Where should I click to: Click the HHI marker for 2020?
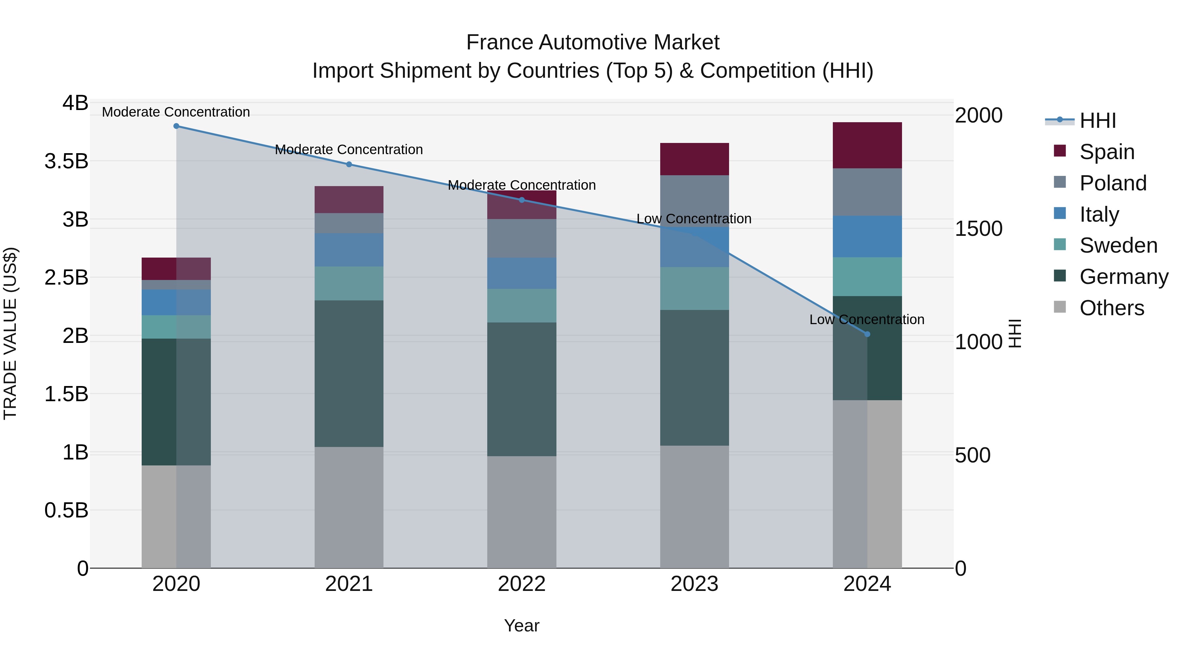coord(176,126)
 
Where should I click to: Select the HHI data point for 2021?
coord(349,164)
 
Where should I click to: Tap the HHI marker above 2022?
coord(522,200)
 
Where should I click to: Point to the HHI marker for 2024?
coord(867,334)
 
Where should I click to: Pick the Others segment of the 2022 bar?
coord(522,512)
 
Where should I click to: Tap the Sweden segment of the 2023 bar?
coord(694,288)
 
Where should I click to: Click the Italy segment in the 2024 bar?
coord(867,236)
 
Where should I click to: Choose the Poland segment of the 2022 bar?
coord(522,238)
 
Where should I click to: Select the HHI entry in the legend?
coord(1098,121)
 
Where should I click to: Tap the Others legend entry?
coord(1112,308)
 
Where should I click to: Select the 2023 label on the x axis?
coord(694,584)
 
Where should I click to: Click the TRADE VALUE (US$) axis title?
coord(11,333)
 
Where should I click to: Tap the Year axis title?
coord(522,625)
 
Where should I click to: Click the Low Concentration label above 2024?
coord(866,320)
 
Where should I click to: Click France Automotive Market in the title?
coord(593,42)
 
